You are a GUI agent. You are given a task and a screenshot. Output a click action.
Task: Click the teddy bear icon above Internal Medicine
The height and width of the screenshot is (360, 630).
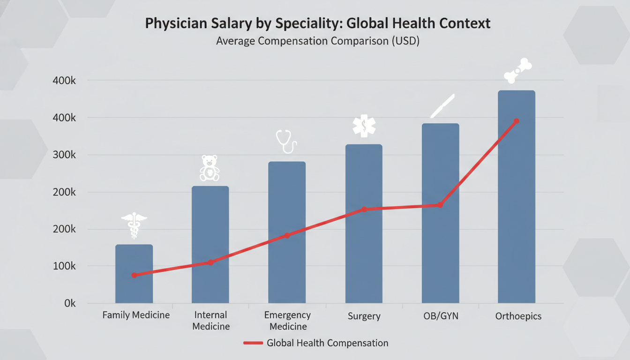pyautogui.click(x=210, y=168)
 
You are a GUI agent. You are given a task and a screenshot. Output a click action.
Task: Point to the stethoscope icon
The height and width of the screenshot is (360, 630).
pyautogui.click(x=286, y=141)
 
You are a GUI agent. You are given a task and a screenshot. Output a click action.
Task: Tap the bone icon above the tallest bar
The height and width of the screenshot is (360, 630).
pyautogui.click(x=518, y=71)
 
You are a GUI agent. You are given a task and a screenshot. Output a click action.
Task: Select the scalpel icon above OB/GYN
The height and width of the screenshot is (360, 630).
pyautogui.click(x=443, y=106)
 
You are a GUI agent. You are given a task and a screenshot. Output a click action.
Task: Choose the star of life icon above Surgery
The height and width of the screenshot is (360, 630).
pyautogui.click(x=364, y=126)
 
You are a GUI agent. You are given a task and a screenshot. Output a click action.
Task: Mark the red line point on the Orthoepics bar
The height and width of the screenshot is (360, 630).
pyautogui.click(x=516, y=121)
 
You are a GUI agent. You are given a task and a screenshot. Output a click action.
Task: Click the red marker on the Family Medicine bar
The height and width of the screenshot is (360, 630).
pyautogui.click(x=135, y=275)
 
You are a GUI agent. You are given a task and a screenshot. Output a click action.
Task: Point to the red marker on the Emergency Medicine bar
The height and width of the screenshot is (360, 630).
pyautogui.click(x=287, y=235)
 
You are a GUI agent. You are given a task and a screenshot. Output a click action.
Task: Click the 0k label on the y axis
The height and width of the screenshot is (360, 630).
pyautogui.click(x=70, y=303)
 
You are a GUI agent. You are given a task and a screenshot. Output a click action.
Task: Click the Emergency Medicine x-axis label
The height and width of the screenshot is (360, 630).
pyautogui.click(x=287, y=321)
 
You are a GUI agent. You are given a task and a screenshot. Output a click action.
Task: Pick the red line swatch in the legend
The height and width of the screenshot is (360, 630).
pyautogui.click(x=253, y=343)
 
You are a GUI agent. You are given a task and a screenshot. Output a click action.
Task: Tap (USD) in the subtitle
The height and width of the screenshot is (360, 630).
pyautogui.click(x=405, y=41)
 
